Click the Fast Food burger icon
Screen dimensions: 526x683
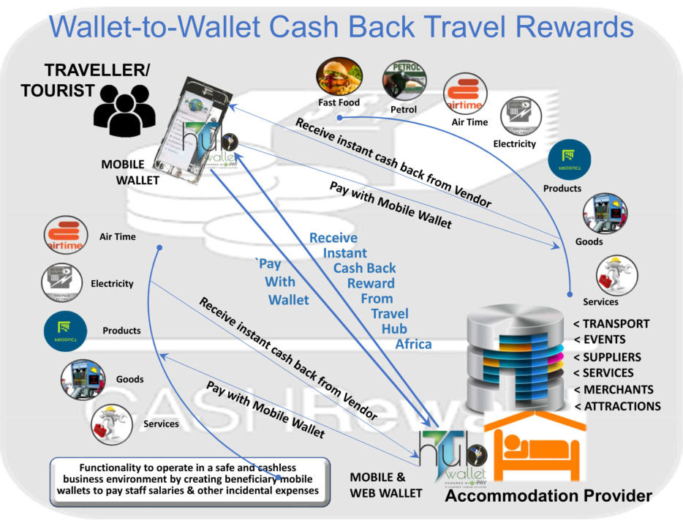339,77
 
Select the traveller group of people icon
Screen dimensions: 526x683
124,108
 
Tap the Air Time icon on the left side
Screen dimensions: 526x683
64,236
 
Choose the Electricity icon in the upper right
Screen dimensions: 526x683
520,116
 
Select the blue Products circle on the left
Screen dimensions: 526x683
65,331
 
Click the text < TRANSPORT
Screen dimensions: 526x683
612,324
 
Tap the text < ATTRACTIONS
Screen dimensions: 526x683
617,406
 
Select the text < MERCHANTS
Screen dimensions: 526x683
614,389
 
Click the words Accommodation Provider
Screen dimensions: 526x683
548,497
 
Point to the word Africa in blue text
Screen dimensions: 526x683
414,344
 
